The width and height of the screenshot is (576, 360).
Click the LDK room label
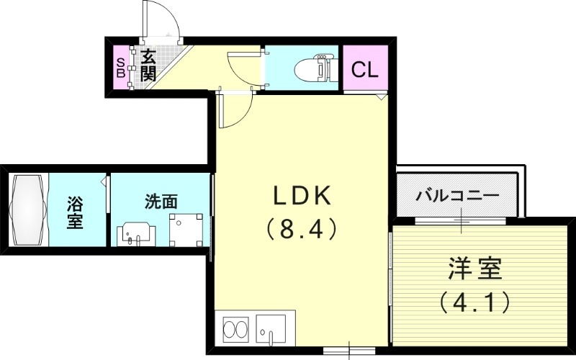[301, 196]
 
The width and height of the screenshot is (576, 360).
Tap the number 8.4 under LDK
[301, 230]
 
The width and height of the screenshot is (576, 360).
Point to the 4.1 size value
[473, 300]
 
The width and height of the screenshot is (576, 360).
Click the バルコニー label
[457, 195]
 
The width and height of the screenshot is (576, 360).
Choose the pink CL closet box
[365, 69]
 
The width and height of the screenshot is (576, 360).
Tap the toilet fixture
[315, 69]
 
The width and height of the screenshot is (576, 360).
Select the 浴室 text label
[74, 212]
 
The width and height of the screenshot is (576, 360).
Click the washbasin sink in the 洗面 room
[136, 233]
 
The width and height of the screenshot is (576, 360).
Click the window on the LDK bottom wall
[348, 351]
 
